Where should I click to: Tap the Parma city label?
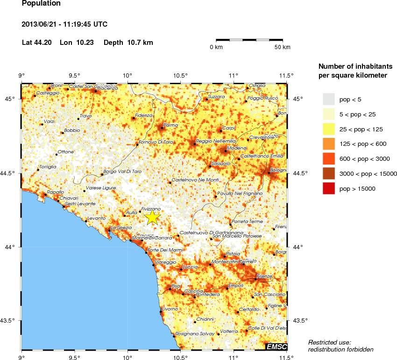[x=171, y=125]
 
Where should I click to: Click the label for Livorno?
[x=170, y=309]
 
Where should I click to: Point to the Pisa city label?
[x=176, y=286]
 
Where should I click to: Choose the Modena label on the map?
[x=234, y=148]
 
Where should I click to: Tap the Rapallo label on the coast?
[x=56, y=192]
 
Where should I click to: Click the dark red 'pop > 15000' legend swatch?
[x=329, y=188]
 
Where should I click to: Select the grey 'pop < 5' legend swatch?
[x=329, y=99]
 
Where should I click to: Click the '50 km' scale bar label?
[x=282, y=47]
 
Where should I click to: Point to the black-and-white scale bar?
[x=249, y=41]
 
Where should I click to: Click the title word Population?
[x=41, y=3]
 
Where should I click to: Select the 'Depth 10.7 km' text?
[x=128, y=43]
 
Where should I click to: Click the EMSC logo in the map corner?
[x=276, y=346]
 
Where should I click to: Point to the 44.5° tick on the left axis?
[x=9, y=173]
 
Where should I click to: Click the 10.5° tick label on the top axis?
[x=180, y=75]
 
